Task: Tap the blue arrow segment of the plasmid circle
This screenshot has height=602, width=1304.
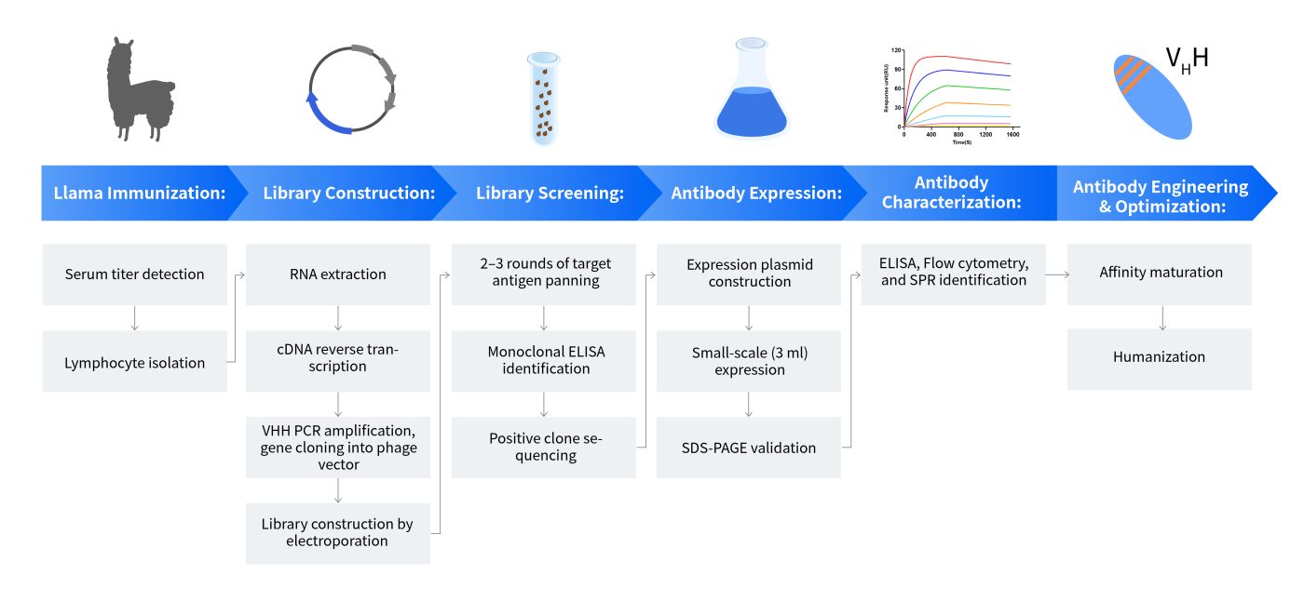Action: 323,118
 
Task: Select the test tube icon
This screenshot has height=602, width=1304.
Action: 544,98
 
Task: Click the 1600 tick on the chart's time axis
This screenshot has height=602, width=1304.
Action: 1013,134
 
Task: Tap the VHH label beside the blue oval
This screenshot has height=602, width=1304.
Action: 1187,60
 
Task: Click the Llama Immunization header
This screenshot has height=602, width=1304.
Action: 140,193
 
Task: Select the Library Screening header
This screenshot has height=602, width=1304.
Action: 550,193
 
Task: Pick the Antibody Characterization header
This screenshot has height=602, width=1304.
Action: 951,193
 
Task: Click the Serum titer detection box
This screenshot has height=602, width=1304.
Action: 134,274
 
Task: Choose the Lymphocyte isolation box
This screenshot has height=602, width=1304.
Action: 134,361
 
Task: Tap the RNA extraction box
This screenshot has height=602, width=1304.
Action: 337,274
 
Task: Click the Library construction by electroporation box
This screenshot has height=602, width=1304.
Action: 337,533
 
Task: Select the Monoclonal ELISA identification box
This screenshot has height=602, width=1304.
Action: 544,361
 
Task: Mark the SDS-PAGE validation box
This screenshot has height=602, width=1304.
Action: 749,448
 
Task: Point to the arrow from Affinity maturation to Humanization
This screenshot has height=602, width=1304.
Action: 1162,317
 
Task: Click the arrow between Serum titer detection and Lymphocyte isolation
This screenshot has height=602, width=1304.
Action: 134,318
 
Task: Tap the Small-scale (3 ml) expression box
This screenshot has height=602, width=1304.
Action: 749,361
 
